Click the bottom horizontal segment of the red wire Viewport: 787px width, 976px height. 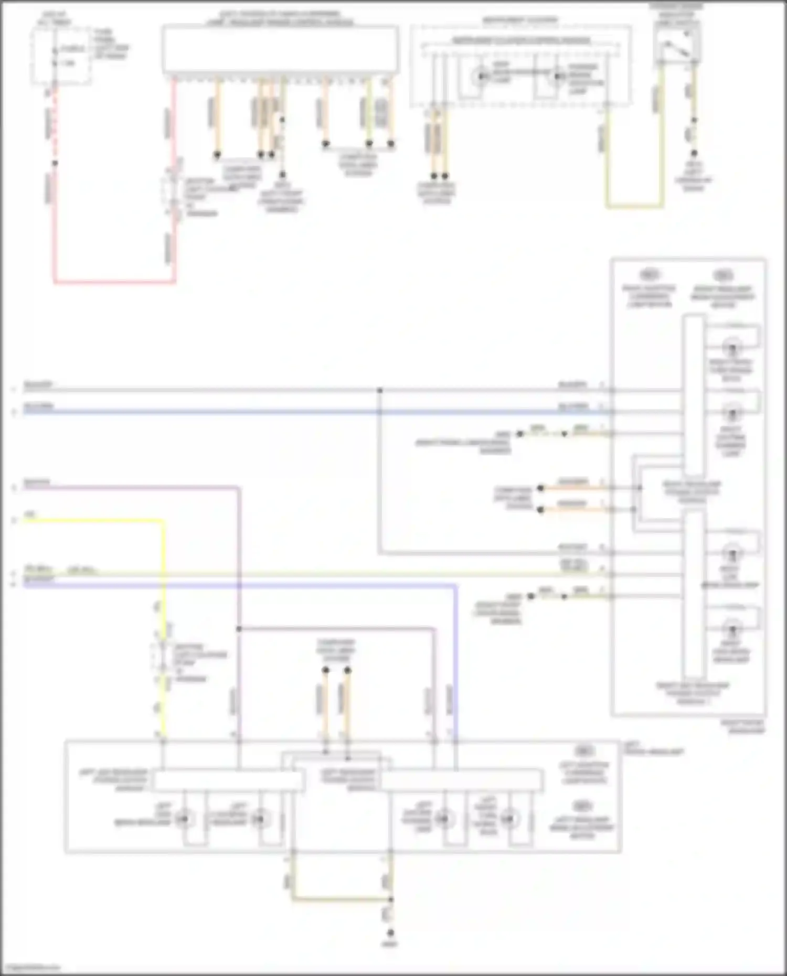[x=114, y=282]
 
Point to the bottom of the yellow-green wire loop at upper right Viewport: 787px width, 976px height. [x=635, y=206]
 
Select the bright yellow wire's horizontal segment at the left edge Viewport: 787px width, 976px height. [x=89, y=521]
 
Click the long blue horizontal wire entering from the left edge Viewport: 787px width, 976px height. [x=210, y=412]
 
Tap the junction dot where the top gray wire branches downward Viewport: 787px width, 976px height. [x=379, y=391]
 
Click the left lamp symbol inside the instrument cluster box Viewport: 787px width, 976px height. [x=480, y=77]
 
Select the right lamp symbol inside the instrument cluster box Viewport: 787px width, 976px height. [x=557, y=78]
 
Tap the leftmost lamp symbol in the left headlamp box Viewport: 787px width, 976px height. [x=184, y=819]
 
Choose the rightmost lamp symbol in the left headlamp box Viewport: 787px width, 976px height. [x=508, y=819]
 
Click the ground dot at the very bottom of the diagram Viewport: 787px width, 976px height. [x=390, y=933]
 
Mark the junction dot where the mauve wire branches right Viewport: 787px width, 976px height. [x=239, y=628]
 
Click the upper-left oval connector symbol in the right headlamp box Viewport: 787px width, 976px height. [x=649, y=274]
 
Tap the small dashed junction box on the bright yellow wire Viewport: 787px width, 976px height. [x=163, y=655]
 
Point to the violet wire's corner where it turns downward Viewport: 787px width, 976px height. [x=455, y=585]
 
